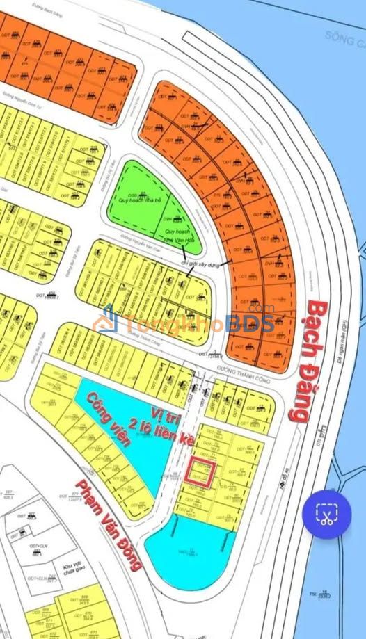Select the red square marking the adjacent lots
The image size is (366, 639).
click(x=200, y=474)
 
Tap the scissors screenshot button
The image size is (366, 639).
click(x=325, y=515)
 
